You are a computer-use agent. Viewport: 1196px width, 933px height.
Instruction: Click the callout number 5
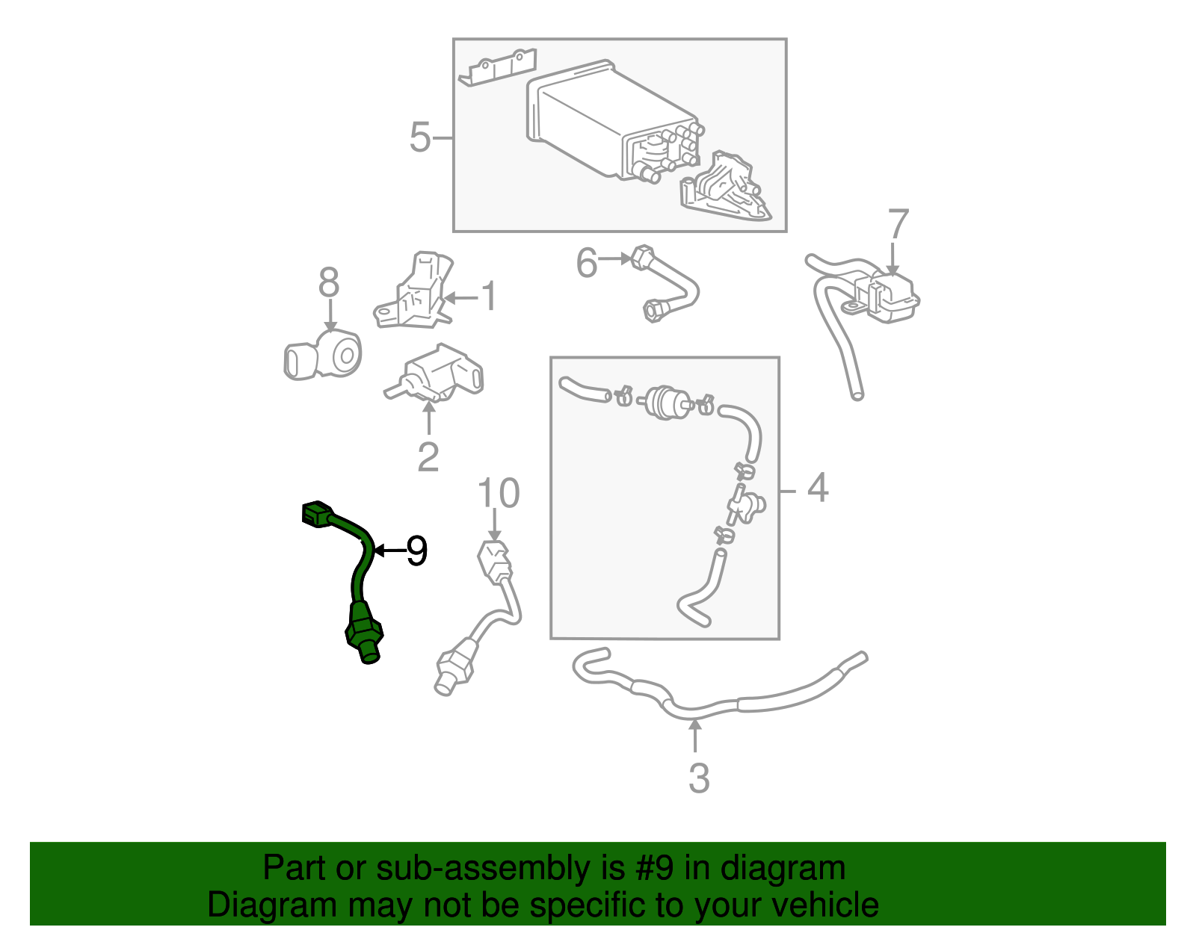click(420, 138)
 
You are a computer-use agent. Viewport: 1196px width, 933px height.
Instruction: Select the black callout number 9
click(416, 551)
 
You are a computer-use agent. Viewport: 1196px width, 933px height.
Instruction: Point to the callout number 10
click(498, 494)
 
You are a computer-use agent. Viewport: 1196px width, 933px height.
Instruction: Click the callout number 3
click(698, 778)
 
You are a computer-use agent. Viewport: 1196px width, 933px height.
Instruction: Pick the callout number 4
click(818, 488)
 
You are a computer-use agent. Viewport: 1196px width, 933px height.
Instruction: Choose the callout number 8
click(329, 283)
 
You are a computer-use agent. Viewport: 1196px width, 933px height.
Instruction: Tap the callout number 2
click(428, 457)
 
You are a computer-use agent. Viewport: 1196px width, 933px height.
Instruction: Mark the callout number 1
click(488, 297)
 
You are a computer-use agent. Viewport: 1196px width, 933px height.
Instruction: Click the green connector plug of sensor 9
click(315, 513)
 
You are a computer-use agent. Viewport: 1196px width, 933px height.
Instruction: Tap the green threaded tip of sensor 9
click(369, 654)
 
